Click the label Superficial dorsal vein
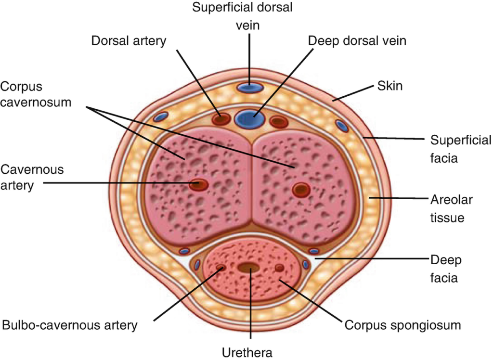(x=243, y=16)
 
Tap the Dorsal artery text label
(x=129, y=41)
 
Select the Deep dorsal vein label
(x=357, y=41)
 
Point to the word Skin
(x=390, y=86)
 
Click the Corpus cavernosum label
(x=36, y=94)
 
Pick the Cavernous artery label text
(x=32, y=177)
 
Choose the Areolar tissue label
(x=452, y=208)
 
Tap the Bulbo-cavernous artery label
(x=70, y=325)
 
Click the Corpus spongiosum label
(x=403, y=325)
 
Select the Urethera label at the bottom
(x=247, y=352)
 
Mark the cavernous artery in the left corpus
(x=198, y=184)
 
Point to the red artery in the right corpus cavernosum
(x=301, y=190)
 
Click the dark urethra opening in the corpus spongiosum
(x=248, y=268)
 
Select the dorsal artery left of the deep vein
(x=221, y=120)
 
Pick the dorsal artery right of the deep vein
(x=279, y=122)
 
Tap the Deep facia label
(x=446, y=269)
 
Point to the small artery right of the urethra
(x=279, y=268)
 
